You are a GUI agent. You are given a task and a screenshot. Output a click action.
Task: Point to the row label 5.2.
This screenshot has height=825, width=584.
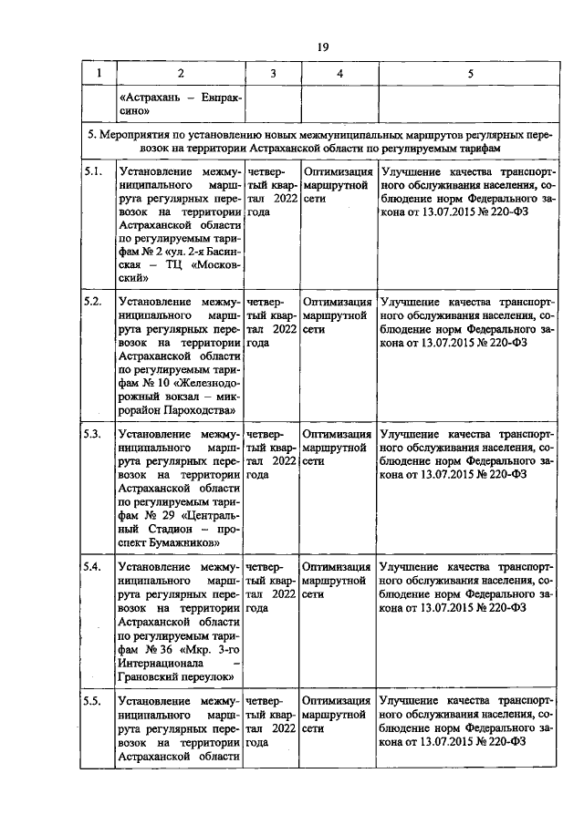91,302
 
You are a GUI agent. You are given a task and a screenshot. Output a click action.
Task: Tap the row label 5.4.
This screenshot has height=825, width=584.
91,566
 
